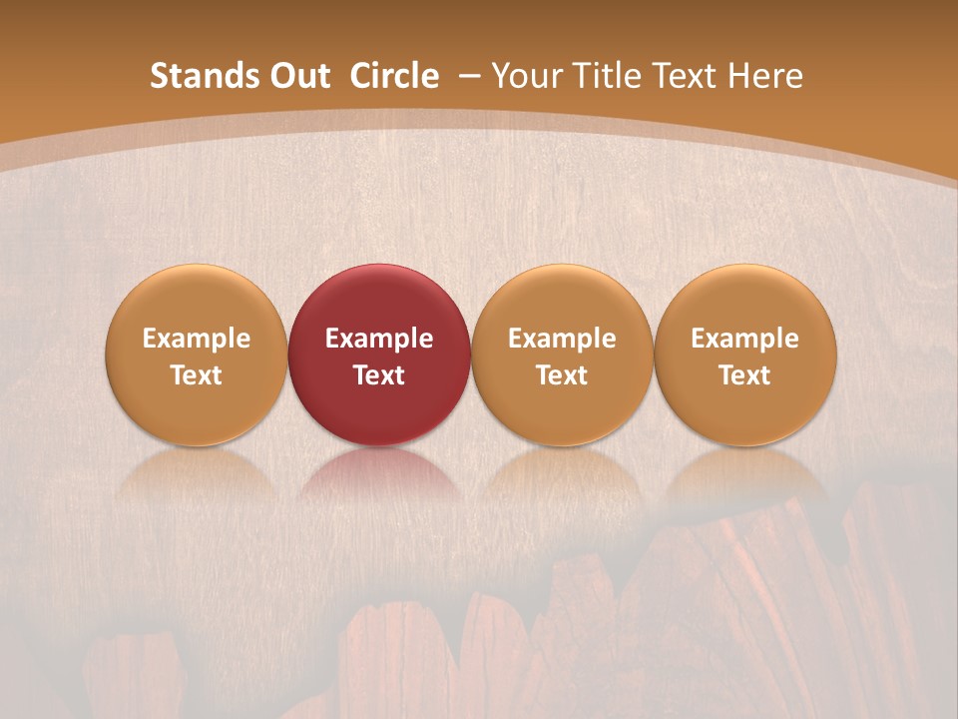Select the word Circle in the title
pyautogui.click(x=394, y=76)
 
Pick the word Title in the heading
pyautogui.click(x=599, y=76)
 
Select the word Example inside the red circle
pyautogui.click(x=379, y=339)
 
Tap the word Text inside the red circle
pyautogui.click(x=379, y=375)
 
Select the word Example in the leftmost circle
pyautogui.click(x=197, y=339)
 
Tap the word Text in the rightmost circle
pyautogui.click(x=745, y=375)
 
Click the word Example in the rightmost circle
pyautogui.click(x=745, y=339)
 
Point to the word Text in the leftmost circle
pyautogui.click(x=197, y=375)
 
